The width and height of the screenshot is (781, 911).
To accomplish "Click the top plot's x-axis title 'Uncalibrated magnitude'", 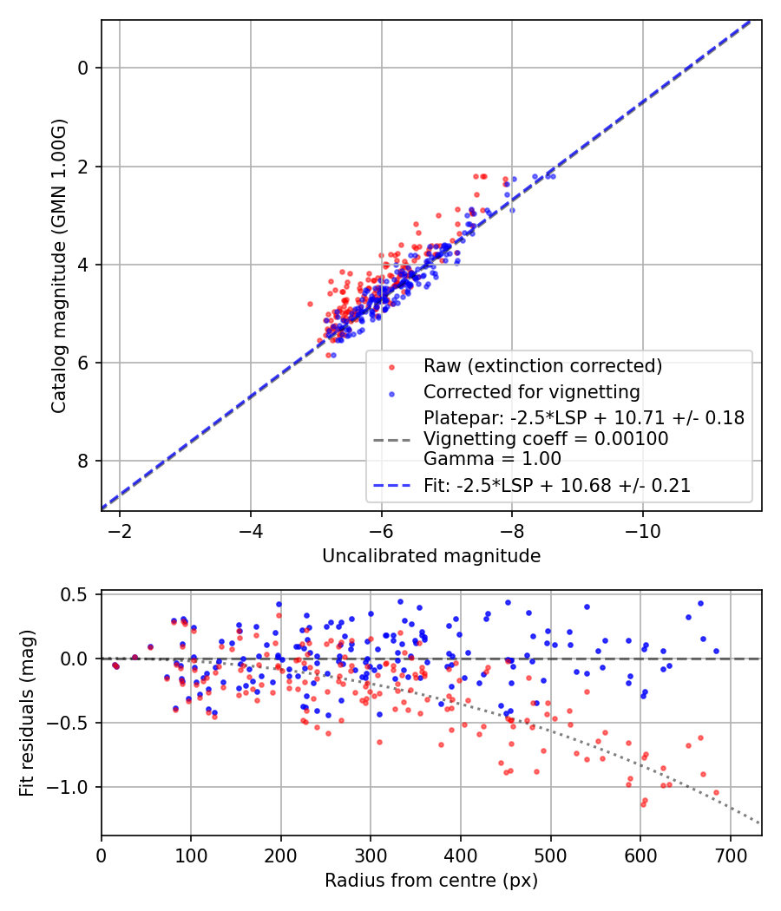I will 431,556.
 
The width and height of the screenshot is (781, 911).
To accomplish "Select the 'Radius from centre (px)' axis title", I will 431,881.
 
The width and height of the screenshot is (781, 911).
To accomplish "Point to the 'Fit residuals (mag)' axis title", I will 27,712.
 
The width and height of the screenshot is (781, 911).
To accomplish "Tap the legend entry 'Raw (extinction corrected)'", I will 542,364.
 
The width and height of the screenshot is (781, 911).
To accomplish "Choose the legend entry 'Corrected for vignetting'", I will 531,391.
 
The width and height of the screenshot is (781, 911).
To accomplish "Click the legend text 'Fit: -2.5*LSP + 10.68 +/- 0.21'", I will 557,486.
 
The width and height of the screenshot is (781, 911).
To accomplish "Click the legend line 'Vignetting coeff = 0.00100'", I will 546,439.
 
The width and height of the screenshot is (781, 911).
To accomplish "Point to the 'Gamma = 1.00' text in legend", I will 492,459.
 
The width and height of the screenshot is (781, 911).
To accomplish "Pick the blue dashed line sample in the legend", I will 392,487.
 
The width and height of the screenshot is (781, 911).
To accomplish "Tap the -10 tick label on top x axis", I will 642,531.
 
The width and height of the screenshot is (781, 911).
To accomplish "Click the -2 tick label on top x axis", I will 120,531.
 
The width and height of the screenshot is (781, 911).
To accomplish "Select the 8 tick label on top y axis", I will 84,461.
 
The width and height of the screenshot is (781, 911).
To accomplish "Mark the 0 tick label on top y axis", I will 84,68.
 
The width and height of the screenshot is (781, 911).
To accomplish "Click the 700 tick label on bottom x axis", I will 730,855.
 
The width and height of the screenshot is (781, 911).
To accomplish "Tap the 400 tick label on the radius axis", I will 460,855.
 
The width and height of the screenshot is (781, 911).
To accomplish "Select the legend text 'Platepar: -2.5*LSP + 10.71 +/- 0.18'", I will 583,418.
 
